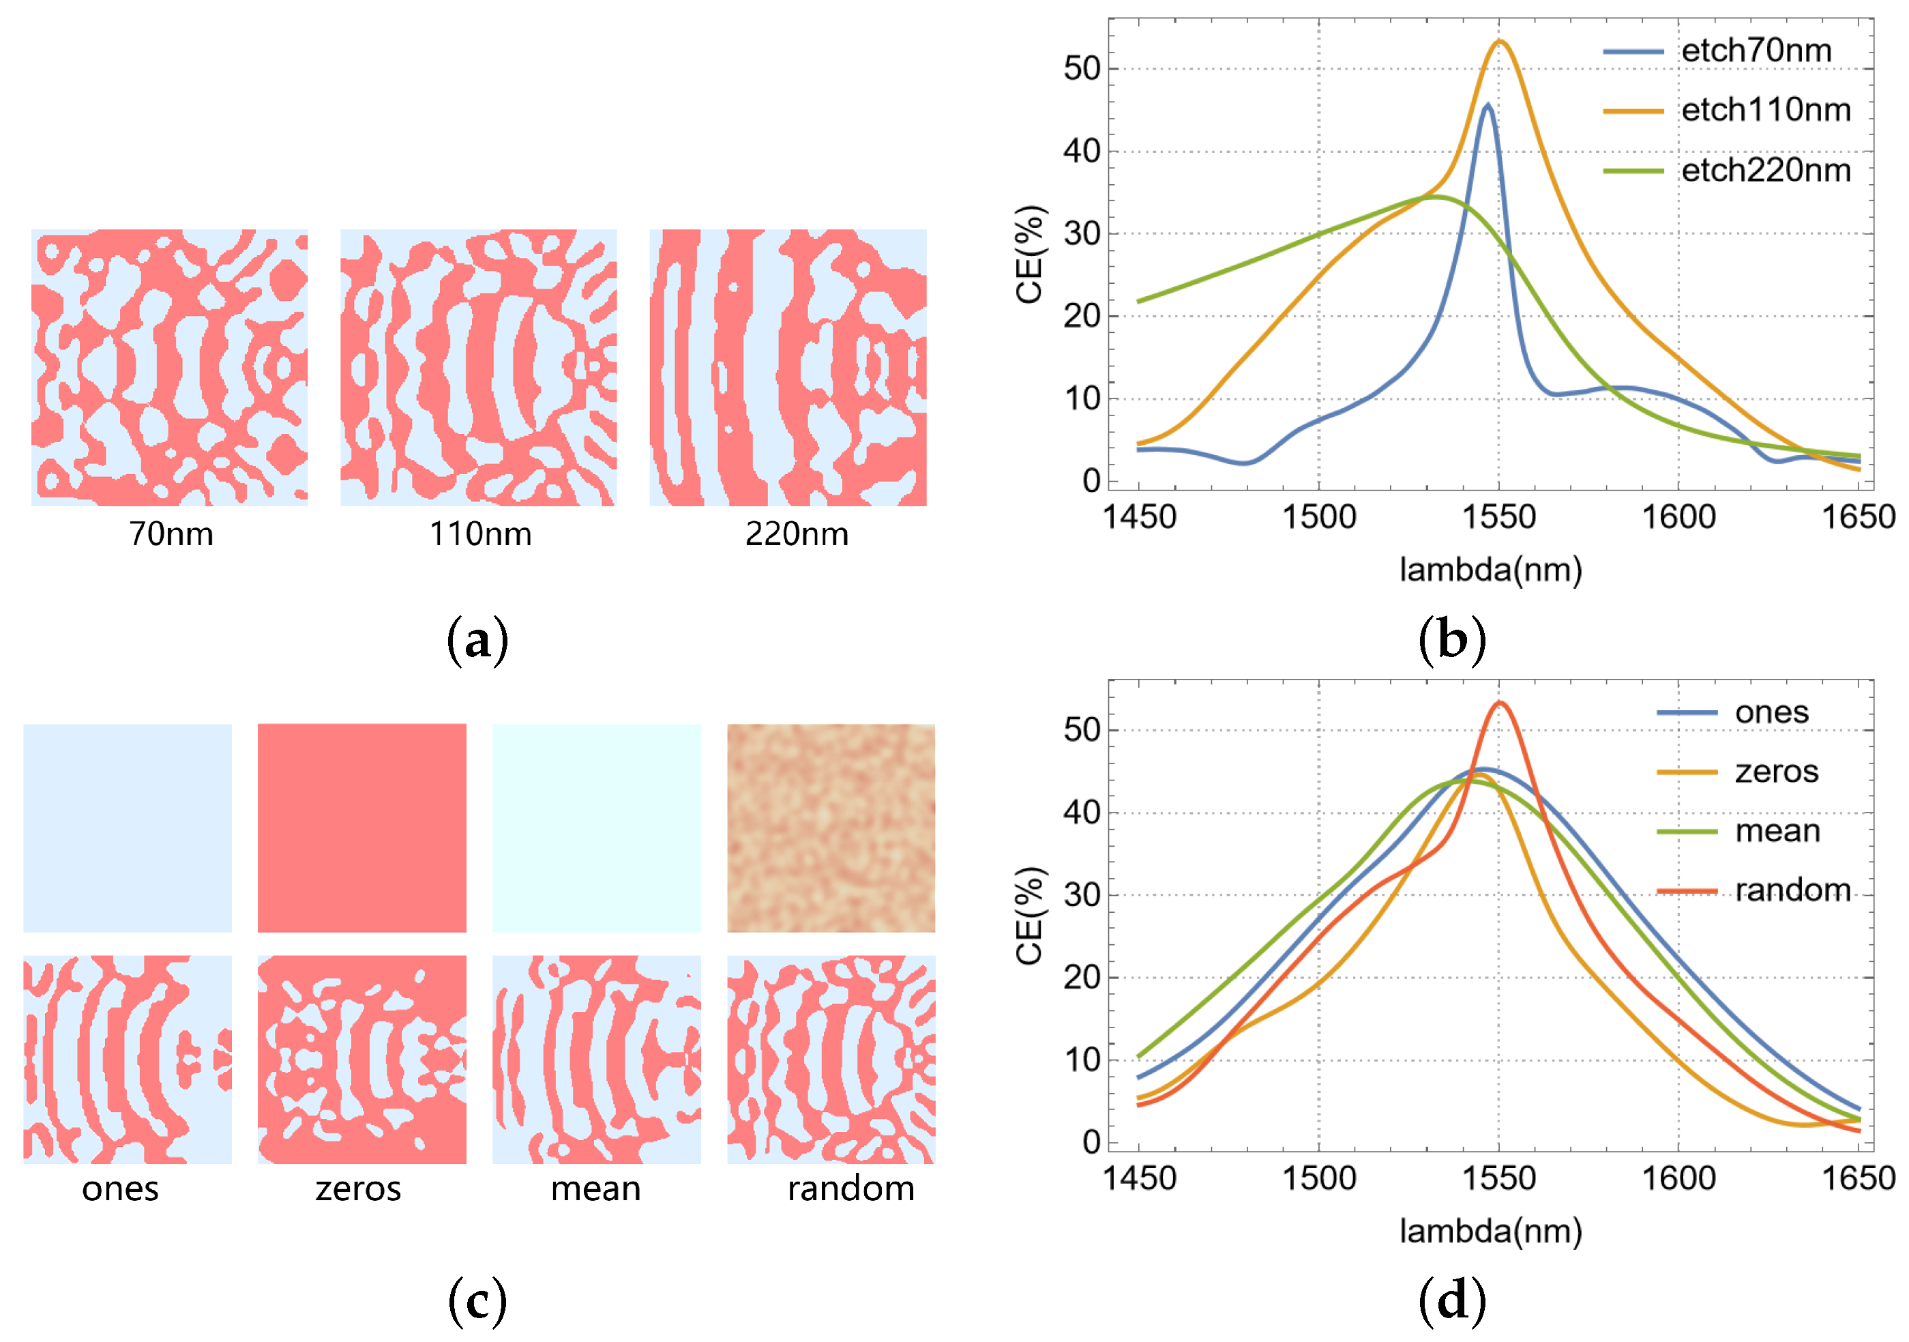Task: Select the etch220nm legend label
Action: point(1765,171)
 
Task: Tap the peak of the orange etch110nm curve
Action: point(1499,42)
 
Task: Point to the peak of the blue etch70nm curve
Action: point(1487,105)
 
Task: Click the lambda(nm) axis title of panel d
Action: point(1490,1231)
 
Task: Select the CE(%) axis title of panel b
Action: point(1029,254)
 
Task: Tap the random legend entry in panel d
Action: point(1792,890)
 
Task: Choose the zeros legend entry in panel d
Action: point(1776,772)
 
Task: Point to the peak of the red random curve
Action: point(1499,703)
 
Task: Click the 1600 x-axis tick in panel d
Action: point(1678,1179)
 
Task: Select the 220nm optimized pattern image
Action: point(787,368)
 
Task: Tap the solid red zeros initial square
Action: point(361,828)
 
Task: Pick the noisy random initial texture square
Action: point(831,828)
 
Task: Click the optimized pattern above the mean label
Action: point(596,1060)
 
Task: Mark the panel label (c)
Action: point(477,1301)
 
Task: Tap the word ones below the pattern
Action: point(120,1189)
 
